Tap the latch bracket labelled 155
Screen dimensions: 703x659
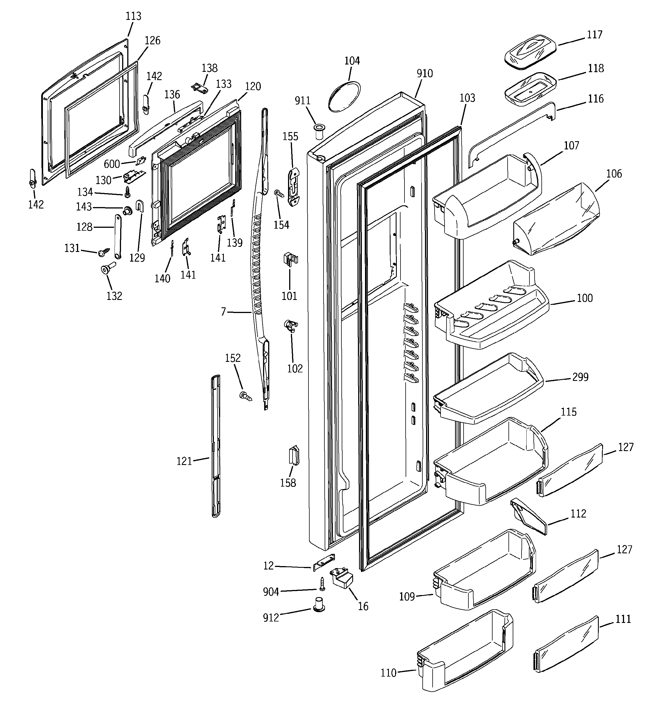coord(294,187)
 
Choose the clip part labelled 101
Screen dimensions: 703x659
coord(290,259)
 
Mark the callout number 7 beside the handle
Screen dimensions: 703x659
coord(223,312)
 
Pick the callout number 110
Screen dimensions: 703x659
coord(388,673)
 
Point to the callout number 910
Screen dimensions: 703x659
coord(424,73)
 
